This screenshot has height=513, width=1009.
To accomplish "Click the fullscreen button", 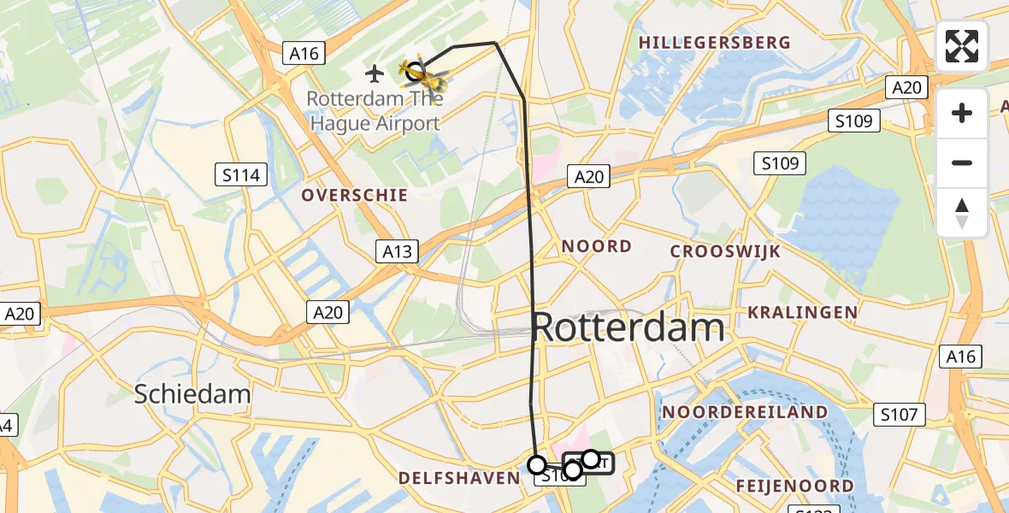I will pyautogui.click(x=962, y=46).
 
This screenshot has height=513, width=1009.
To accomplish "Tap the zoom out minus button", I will pyautogui.click(x=962, y=163).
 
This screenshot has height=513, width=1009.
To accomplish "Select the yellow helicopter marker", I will pyautogui.click(x=428, y=77).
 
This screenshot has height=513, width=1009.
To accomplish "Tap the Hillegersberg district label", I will pyautogui.click(x=714, y=43).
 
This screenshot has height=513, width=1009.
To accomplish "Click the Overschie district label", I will pyautogui.click(x=354, y=196).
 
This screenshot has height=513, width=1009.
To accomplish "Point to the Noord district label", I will pyautogui.click(x=597, y=247).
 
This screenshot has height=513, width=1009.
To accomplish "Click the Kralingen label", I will pyautogui.click(x=802, y=312).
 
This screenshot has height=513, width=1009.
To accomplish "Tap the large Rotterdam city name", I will pyautogui.click(x=629, y=328).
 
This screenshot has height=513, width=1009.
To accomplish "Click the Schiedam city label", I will pyautogui.click(x=192, y=394).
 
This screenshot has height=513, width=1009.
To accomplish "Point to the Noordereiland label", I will pyautogui.click(x=746, y=412).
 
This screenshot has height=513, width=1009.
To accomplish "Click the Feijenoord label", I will pyautogui.click(x=795, y=486).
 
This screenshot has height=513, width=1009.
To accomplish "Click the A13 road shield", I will pyautogui.click(x=397, y=251).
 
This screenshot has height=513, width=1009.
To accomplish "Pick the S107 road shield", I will pyautogui.click(x=901, y=416).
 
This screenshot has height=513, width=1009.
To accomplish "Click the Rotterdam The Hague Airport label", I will pyautogui.click(x=374, y=111).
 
